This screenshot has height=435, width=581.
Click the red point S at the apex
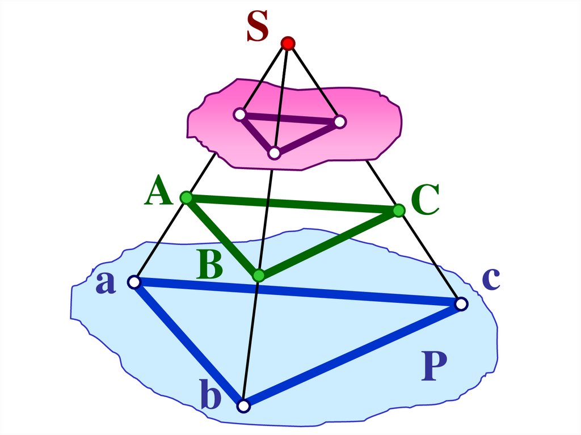(x=288, y=43)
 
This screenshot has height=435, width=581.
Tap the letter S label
(x=257, y=28)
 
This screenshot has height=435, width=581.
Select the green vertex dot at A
(x=186, y=197)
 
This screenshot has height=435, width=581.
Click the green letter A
(x=158, y=191)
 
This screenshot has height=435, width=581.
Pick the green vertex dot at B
(x=259, y=276)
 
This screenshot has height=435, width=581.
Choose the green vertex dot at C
(x=398, y=211)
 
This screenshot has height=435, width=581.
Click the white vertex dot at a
(x=134, y=282)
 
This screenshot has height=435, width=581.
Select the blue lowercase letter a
(x=106, y=283)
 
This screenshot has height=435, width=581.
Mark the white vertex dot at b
(x=243, y=406)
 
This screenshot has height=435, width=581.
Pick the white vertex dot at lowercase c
(x=461, y=305)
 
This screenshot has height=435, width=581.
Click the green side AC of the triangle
(x=292, y=204)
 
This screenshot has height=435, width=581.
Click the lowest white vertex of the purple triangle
(x=275, y=153)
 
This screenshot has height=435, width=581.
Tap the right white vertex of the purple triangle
(x=339, y=121)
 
